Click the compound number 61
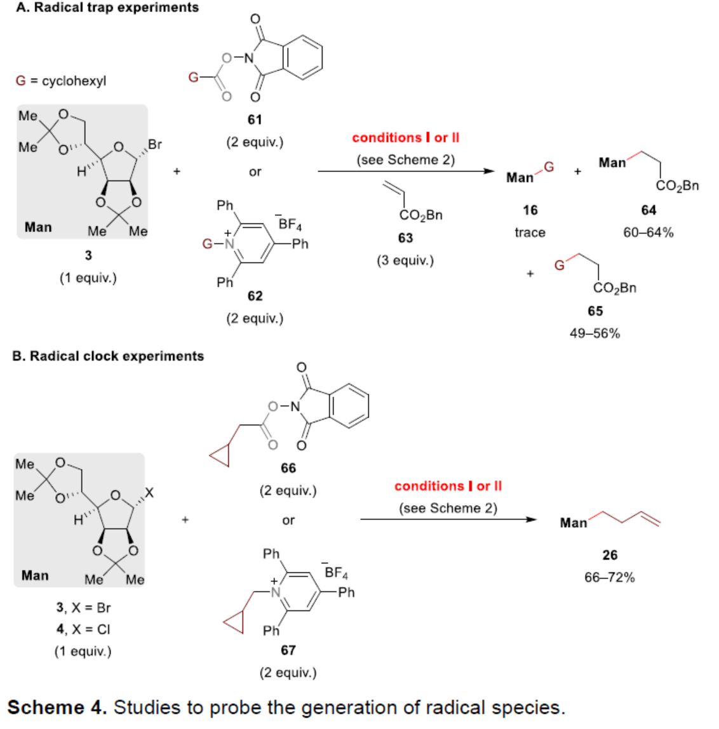point(255,119)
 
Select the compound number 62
point(255,296)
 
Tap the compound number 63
point(405,238)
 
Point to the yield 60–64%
point(648,232)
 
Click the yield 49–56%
point(595,333)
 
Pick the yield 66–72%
point(610,577)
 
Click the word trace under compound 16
point(530,232)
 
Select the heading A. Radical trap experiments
point(107,8)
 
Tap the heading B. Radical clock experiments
point(108,356)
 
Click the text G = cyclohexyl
point(61,81)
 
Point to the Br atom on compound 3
point(155,145)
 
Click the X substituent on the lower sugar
point(149,493)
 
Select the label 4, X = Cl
point(83,629)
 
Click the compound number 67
point(288,650)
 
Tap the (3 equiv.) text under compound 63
point(405,260)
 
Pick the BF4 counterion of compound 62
point(290,224)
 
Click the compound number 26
point(610,555)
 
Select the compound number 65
point(595,311)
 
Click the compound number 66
point(288,468)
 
